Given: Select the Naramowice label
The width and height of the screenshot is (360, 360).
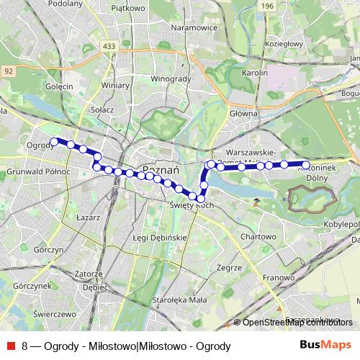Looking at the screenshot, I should coord(194,27).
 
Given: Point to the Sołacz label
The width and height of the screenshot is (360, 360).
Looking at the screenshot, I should coord(103,109).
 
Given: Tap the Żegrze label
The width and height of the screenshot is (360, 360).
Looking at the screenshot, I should coord(228,267).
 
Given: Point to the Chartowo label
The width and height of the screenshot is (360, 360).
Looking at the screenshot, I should coord(258,236).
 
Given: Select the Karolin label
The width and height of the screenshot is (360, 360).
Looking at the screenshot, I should coord(255,73).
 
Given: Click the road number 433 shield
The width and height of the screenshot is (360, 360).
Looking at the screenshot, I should coord(109,47).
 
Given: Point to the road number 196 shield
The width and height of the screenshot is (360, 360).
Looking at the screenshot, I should coord(268,6).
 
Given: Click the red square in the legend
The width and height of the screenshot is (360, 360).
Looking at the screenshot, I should coord(12,345).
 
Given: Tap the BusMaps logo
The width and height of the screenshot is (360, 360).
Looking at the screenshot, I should coord(325,344).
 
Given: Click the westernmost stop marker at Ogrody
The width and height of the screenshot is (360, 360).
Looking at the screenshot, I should coord(54,142).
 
